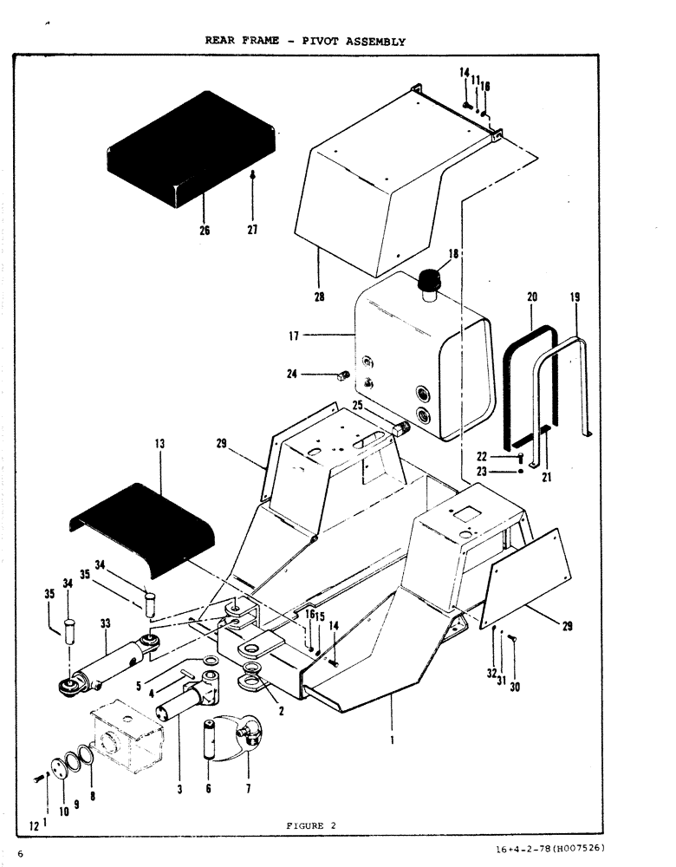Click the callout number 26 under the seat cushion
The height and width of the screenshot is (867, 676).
205,231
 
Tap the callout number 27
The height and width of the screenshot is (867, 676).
252,231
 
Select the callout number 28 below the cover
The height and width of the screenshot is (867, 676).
319,297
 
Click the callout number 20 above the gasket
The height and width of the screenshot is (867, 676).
532,297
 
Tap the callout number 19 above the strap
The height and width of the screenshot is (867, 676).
575,297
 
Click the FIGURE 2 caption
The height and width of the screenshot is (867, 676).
310,825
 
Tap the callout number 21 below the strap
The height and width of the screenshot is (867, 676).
546,477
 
